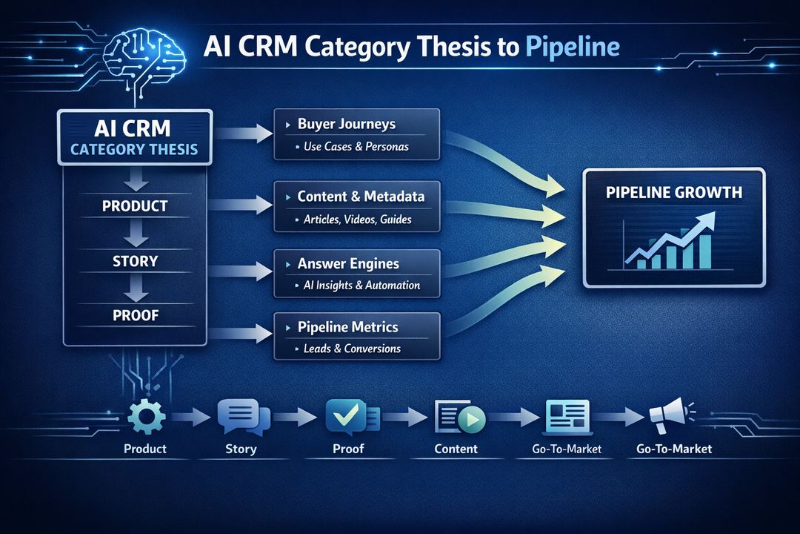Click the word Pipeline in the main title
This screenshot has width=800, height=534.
(572, 47)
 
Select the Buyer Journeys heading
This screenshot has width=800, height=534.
(346, 124)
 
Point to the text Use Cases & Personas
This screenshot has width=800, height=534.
(356, 146)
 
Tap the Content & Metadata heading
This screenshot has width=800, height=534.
(361, 197)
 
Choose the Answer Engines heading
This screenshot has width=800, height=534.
(348, 263)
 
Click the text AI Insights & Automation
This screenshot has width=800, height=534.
(361, 286)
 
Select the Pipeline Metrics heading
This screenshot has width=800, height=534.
(347, 327)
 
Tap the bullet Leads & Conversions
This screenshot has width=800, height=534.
(352, 349)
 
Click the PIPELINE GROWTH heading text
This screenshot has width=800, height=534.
(673, 193)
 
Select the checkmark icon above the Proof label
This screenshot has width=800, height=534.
(347, 417)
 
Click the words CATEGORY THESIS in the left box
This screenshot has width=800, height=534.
(134, 149)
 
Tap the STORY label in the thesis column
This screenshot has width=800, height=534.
(135, 261)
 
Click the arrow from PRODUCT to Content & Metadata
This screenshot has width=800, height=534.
(242, 203)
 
